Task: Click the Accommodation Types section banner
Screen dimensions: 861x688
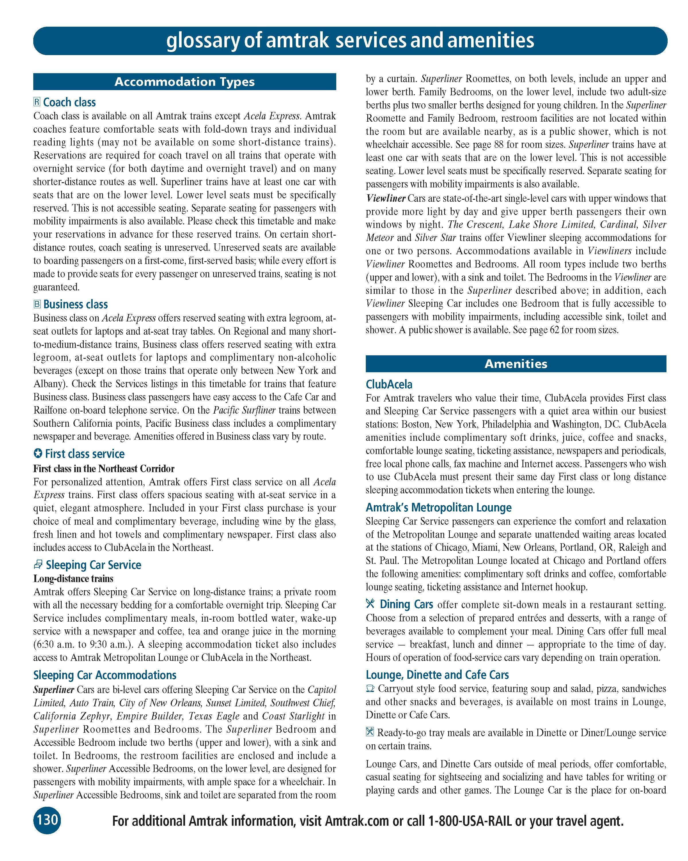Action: [184, 82]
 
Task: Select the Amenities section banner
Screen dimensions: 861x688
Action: [516, 364]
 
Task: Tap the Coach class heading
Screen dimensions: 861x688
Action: [69, 103]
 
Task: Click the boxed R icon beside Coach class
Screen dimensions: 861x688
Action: [37, 102]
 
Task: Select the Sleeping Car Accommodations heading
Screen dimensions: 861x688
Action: [105, 675]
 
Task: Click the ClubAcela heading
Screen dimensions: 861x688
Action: [389, 385]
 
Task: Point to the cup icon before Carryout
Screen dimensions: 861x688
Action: [370, 689]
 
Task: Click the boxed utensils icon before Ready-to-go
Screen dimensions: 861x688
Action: [370, 732]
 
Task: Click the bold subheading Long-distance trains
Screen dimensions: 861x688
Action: [73, 579]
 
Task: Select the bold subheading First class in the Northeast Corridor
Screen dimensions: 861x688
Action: [104, 468]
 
